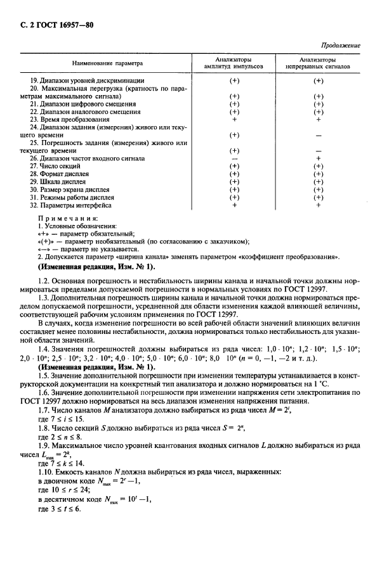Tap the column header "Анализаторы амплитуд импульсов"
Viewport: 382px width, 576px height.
point(234,63)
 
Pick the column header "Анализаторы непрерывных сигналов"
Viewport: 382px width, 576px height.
point(318,63)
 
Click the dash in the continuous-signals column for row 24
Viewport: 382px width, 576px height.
point(318,135)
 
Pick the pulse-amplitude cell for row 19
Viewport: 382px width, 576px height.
point(234,80)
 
